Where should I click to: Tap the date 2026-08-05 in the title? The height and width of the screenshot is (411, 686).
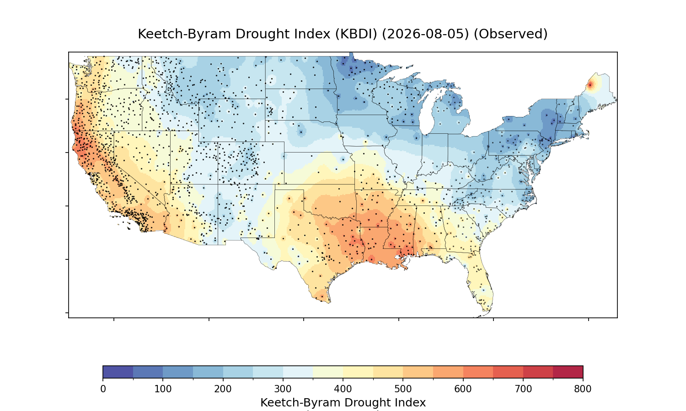pyautogui.click(x=425, y=34)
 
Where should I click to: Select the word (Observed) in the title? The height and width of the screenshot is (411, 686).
pyautogui.click(x=510, y=34)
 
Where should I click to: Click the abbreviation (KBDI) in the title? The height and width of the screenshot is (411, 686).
pyautogui.click(x=356, y=34)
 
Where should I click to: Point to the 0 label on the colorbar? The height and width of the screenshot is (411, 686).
pyautogui.click(x=103, y=389)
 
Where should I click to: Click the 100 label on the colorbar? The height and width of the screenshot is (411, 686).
pyautogui.click(x=163, y=389)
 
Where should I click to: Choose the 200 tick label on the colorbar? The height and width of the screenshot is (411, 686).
pyautogui.click(x=223, y=389)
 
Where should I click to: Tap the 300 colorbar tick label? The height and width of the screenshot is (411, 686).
pyautogui.click(x=283, y=389)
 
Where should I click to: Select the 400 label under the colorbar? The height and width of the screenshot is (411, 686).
pyautogui.click(x=343, y=389)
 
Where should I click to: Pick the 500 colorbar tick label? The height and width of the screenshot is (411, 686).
pyautogui.click(x=403, y=389)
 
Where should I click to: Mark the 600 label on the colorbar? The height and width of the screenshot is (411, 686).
pyautogui.click(x=463, y=389)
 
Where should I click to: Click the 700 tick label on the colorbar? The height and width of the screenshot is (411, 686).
pyautogui.click(x=523, y=389)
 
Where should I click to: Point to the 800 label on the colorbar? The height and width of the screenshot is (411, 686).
pyautogui.click(x=583, y=389)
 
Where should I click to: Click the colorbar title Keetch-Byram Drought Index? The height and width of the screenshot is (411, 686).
pyautogui.click(x=343, y=402)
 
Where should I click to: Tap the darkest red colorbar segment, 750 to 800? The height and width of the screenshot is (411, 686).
pyautogui.click(x=568, y=372)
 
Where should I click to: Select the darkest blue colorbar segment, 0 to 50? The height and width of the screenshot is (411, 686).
pyautogui.click(x=118, y=372)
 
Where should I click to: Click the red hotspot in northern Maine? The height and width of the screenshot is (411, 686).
pyautogui.click(x=590, y=84)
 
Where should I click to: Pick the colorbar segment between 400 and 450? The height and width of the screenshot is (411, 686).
pyautogui.click(x=358, y=372)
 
